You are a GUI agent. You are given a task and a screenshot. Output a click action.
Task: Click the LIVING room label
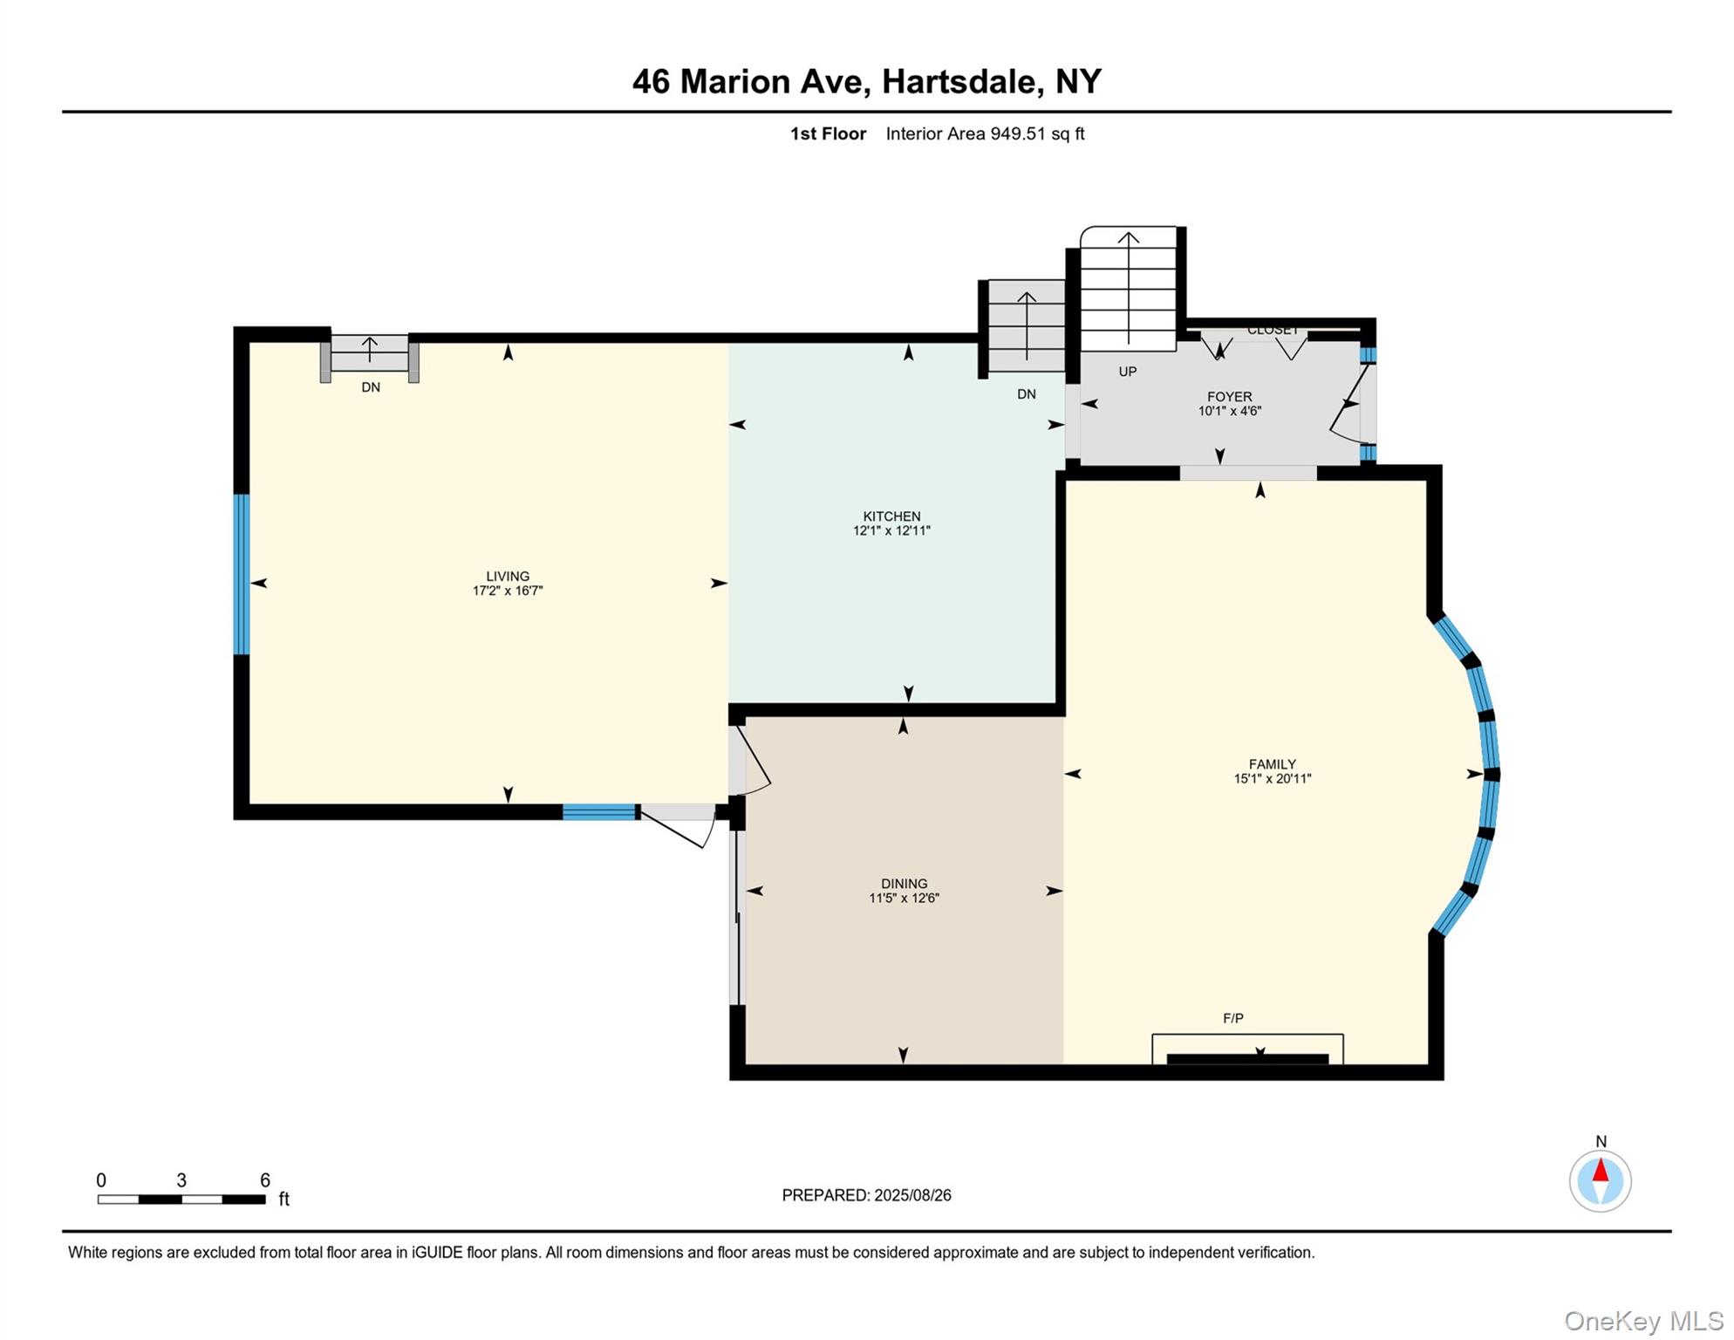508,576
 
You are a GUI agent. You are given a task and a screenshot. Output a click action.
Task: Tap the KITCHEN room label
891,516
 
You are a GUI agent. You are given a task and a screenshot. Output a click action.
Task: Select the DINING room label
904,884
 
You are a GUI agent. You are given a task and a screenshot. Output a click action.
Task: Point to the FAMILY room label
1272,764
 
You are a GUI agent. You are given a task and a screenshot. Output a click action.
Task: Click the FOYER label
1230,397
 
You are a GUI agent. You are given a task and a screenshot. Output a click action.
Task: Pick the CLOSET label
1273,331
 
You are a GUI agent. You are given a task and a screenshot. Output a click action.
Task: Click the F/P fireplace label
1232,1018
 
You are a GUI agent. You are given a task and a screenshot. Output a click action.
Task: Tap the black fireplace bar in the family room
1247,1059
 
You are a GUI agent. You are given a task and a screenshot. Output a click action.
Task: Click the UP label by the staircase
1128,372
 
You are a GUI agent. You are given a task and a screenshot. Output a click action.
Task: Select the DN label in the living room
371,387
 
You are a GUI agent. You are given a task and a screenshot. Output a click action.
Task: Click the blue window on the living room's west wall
242,574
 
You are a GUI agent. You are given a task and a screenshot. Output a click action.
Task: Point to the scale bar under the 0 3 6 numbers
181,1200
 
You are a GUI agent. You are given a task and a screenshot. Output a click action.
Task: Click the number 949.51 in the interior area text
1017,134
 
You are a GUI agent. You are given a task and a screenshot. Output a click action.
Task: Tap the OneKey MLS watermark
1642,1321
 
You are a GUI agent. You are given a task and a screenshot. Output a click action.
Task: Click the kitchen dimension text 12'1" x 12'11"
891,530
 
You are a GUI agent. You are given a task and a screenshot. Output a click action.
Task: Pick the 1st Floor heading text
828,134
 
